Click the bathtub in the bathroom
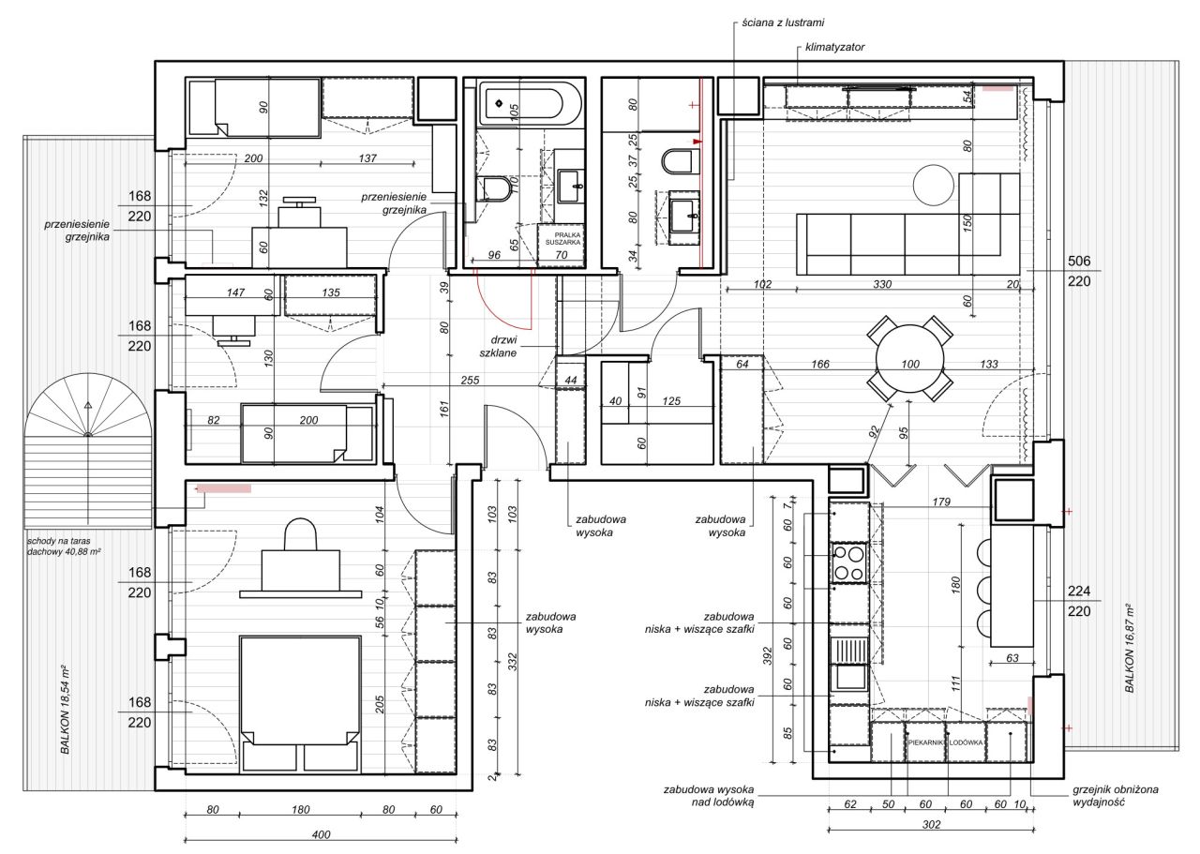click(x=530, y=103)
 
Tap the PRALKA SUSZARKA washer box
click(x=561, y=245)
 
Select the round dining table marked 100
click(x=910, y=358)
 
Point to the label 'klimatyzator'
click(x=834, y=47)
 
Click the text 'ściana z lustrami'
click(x=783, y=22)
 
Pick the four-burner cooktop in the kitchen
click(x=849, y=562)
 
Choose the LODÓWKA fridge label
click(x=967, y=742)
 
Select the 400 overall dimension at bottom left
click(x=321, y=834)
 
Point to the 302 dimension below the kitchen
click(x=931, y=825)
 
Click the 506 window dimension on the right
click(x=1079, y=261)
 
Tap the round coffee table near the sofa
click(x=934, y=185)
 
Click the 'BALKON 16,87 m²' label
click(x=1130, y=649)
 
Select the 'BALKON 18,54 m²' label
click(x=65, y=710)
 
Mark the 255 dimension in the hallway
click(x=470, y=380)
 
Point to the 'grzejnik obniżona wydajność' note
click(x=1116, y=796)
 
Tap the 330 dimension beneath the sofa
click(x=882, y=284)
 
